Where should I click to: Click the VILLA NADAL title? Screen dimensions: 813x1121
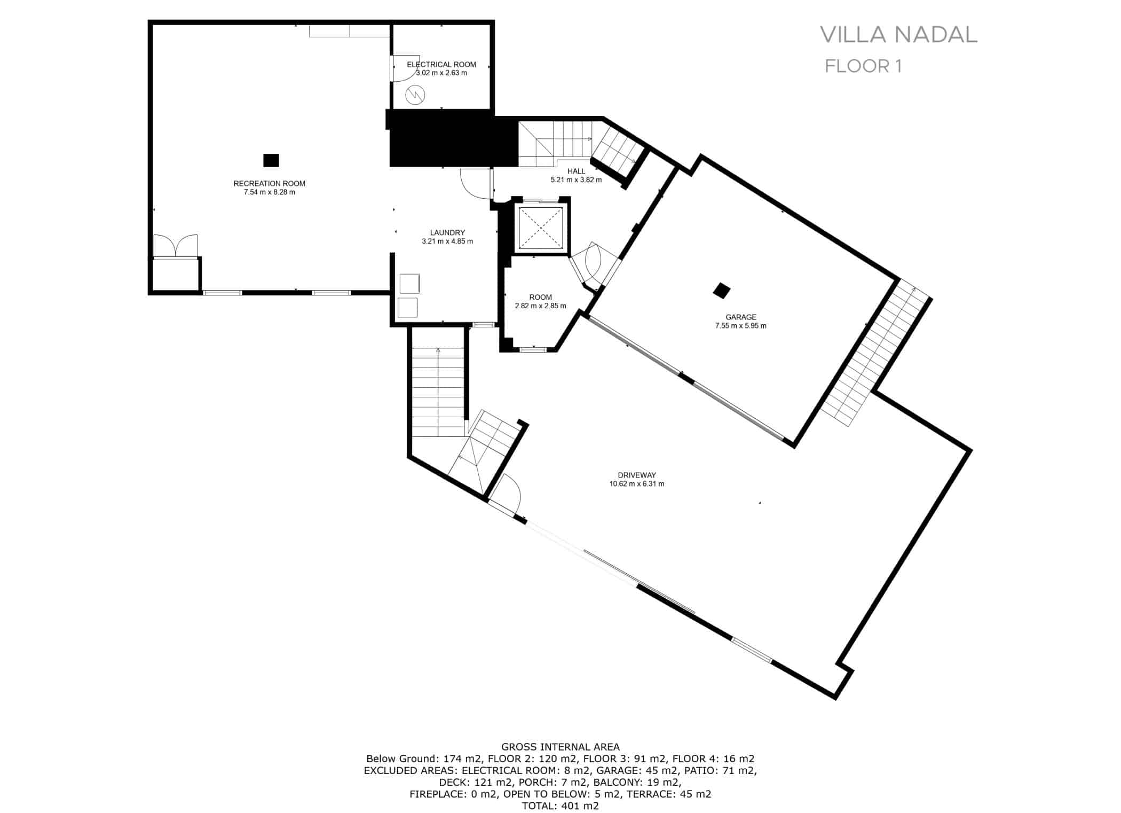click(898, 34)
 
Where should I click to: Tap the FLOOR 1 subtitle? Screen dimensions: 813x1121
click(863, 66)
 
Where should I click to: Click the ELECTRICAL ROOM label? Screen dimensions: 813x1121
click(441, 65)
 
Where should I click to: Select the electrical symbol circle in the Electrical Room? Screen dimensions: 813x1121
click(415, 96)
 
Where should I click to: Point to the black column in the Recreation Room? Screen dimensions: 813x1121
click(271, 160)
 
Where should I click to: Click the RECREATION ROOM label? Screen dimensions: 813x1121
click(269, 183)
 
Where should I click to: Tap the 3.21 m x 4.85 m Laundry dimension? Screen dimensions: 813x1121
click(447, 241)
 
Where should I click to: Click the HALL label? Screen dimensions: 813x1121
click(576, 171)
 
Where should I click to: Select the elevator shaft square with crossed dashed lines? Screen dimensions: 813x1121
click(541, 228)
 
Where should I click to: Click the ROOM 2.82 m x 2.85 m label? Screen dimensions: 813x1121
click(540, 301)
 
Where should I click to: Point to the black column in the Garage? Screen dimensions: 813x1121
click(722, 291)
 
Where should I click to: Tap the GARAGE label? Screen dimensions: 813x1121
click(740, 317)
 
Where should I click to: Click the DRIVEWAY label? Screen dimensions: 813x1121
click(636, 475)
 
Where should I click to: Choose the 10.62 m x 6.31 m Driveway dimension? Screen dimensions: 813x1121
click(636, 484)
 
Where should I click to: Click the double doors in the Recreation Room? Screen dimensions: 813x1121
click(176, 246)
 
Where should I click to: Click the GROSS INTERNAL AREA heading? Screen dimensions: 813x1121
click(560, 747)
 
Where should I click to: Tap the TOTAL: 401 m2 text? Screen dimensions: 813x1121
click(560, 806)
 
